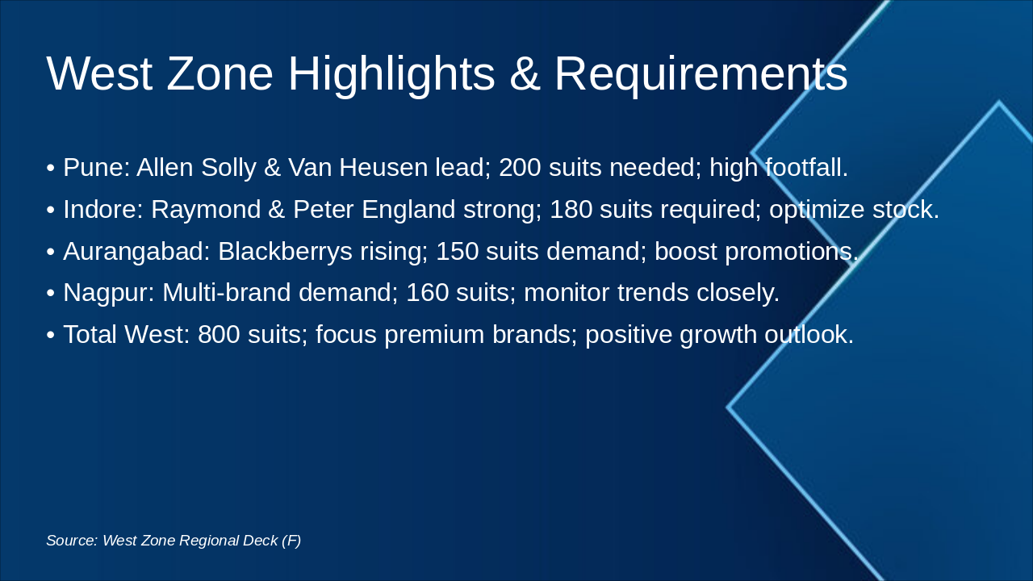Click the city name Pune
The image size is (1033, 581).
94,168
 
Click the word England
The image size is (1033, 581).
409,210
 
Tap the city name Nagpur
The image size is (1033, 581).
107,292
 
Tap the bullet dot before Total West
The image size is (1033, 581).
51,335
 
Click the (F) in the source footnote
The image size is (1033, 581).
291,541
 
